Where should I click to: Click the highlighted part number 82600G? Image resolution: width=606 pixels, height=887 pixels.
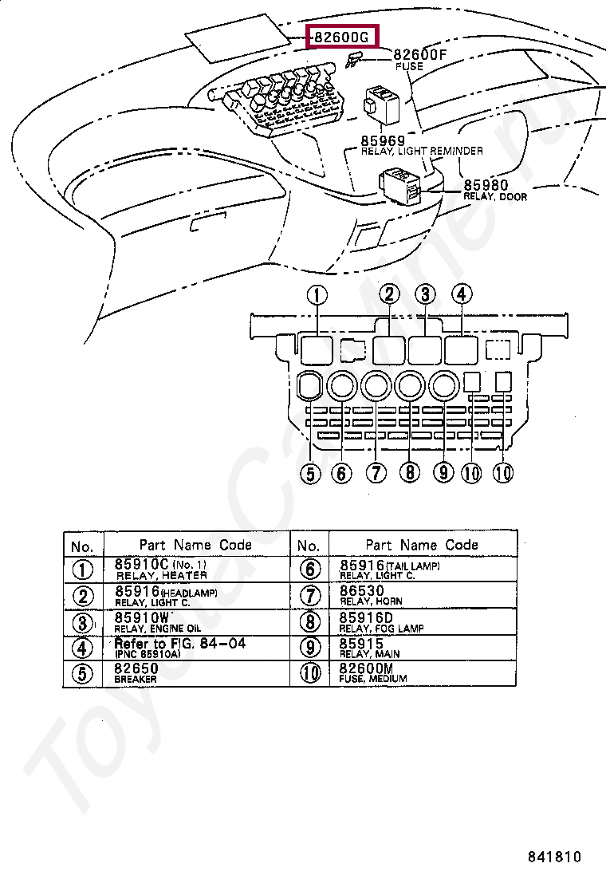point(341,37)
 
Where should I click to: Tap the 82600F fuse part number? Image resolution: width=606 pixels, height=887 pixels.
point(419,55)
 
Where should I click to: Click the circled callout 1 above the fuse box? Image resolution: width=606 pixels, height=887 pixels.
point(317,296)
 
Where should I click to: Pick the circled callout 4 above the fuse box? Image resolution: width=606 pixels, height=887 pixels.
point(462,294)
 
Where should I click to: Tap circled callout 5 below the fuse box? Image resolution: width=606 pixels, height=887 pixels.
point(310,474)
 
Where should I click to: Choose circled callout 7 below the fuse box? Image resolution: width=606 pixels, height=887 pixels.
point(376,473)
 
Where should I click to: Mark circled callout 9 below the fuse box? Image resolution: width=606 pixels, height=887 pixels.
point(443,473)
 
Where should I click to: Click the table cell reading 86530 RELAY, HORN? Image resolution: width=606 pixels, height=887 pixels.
point(371,595)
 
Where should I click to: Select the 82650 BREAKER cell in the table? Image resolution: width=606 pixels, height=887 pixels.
point(136,672)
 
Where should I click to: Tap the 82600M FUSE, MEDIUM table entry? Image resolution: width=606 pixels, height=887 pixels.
point(373,672)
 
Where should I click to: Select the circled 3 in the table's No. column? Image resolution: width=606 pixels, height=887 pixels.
point(82,623)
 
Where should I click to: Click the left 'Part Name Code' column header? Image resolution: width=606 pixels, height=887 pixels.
point(195,545)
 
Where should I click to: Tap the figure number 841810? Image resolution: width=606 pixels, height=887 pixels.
point(554,857)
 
